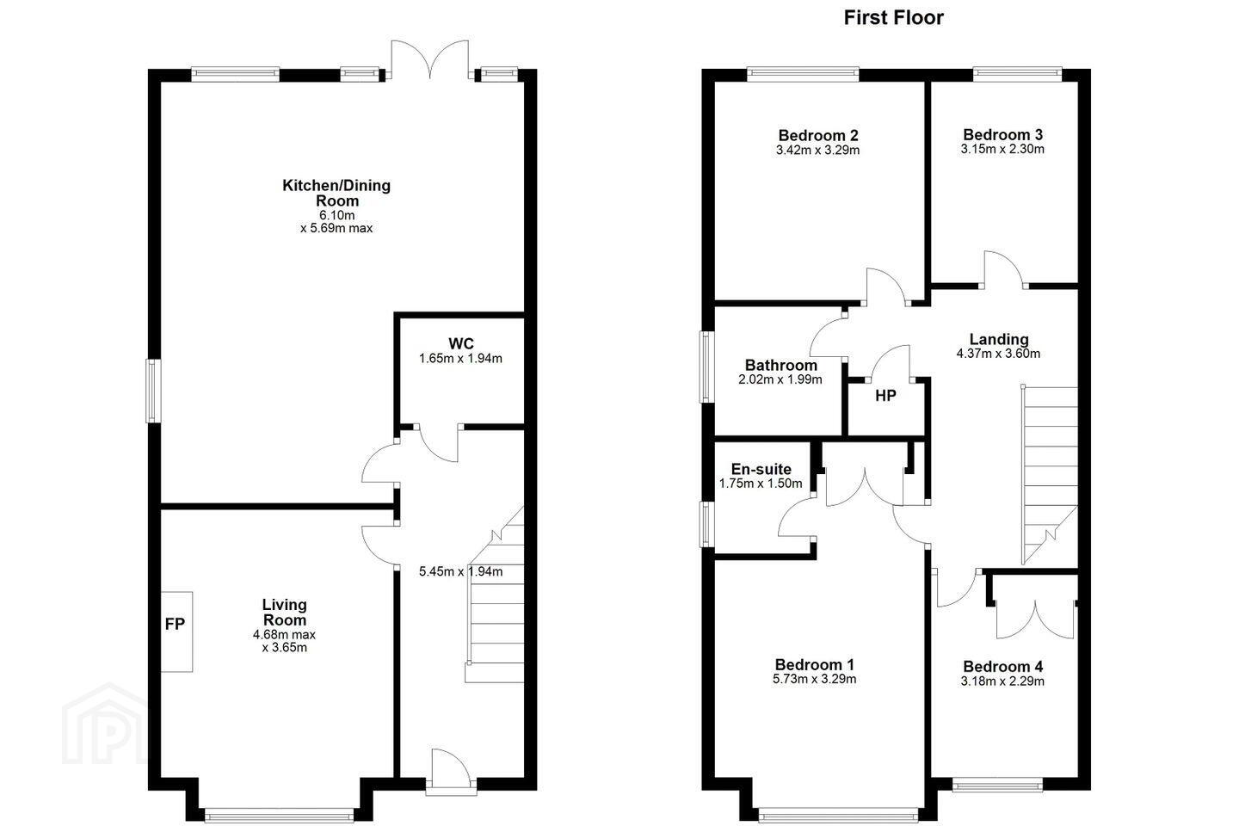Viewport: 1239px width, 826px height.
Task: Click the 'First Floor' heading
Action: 893,18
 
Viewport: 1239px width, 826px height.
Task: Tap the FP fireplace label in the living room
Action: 175,624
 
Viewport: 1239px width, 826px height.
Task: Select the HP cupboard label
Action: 885,396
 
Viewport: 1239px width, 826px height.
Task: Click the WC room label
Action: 461,343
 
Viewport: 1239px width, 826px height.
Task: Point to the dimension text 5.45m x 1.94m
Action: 461,571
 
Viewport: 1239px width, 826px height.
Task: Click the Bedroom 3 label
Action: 1003,134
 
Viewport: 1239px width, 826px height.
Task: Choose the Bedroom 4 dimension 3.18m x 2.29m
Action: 1003,681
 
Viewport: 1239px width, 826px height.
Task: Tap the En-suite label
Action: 761,469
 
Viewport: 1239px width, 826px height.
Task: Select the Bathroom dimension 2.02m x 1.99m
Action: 780,379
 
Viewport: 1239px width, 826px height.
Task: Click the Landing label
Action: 999,339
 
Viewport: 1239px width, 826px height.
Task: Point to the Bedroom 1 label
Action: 815,664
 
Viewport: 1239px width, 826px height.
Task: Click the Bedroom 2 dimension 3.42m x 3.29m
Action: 818,150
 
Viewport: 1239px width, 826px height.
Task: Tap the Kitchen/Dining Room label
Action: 336,193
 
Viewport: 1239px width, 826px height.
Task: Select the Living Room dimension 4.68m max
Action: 284,635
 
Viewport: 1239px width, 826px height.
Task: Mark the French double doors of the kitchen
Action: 430,59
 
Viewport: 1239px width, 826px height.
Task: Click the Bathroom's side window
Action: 706,367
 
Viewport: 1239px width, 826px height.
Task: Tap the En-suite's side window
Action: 706,524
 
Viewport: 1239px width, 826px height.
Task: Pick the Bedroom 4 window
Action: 998,784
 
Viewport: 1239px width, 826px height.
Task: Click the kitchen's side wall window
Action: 153,391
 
